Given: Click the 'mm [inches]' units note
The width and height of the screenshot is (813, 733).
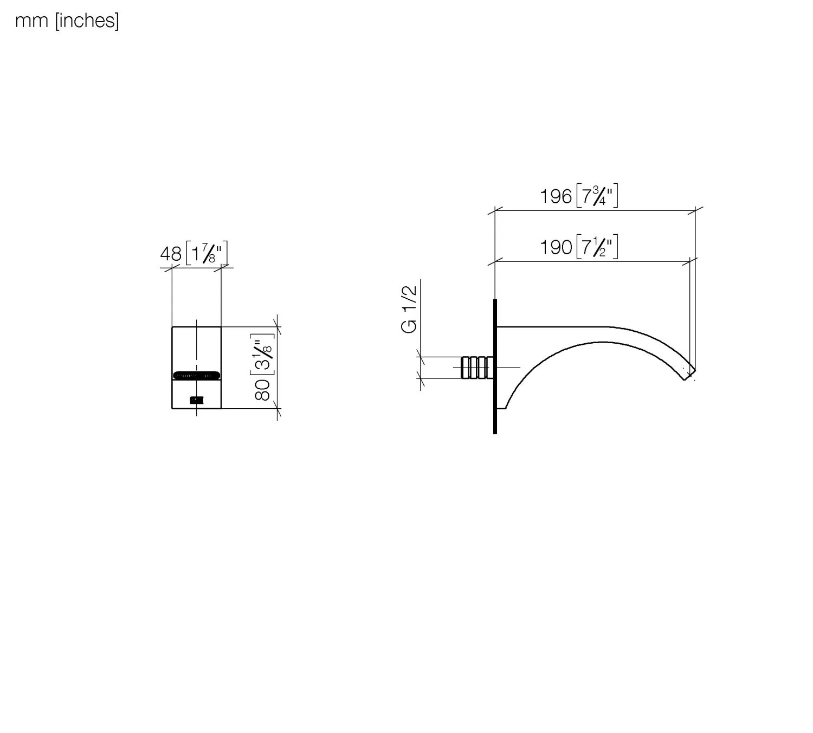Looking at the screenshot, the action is pos(67,21).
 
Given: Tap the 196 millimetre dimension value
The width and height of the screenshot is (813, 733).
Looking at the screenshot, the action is pos(556,197).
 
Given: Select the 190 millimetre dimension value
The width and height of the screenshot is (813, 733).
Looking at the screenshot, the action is pos(556,247).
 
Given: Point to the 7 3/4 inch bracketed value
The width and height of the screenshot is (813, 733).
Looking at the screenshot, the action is pos(597,196).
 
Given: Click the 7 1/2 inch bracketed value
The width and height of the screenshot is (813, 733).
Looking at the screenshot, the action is pos(597,247).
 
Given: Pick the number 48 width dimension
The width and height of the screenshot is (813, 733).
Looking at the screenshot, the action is pos(171,255).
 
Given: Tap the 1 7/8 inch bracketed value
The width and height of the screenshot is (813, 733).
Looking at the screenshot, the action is pos(207,253).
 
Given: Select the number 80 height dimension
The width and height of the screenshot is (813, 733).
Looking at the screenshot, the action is pos(263,390).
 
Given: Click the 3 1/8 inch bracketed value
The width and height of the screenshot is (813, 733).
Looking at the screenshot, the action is pos(263,355).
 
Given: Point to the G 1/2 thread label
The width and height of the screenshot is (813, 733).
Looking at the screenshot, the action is pos(409,310).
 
